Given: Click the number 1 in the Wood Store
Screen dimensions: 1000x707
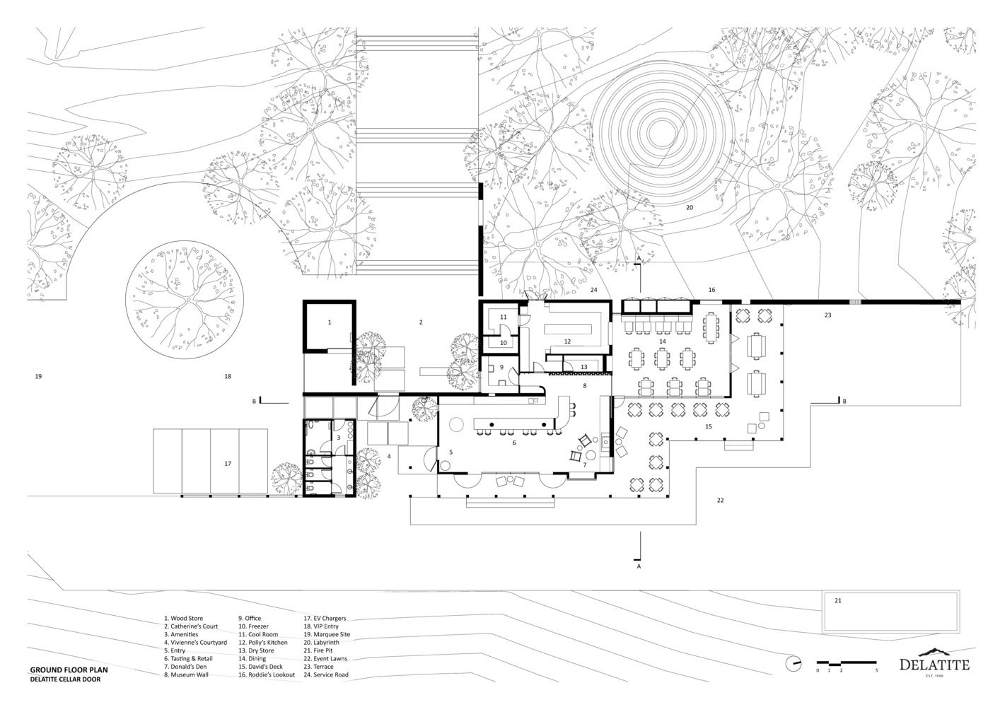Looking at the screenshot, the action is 330,322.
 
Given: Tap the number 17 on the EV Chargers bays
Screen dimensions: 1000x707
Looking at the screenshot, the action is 228,464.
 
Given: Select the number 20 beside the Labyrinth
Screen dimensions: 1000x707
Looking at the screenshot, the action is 690,208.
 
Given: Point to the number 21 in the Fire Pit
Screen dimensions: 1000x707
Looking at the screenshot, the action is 838,601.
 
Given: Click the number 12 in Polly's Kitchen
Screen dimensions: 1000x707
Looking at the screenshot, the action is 567,341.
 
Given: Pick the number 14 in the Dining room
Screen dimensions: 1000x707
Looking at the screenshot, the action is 663,341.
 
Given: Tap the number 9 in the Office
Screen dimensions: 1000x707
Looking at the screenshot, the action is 501,367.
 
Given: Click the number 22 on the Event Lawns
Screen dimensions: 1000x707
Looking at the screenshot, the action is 720,501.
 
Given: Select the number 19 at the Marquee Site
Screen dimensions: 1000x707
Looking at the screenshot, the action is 38,376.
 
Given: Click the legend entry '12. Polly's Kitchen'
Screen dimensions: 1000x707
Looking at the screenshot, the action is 263,642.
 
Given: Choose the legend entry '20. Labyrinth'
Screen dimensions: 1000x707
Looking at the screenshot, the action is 321,642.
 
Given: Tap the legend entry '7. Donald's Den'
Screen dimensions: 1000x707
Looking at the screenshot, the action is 185,667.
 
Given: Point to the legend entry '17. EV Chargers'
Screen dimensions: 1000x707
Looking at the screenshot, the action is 325,618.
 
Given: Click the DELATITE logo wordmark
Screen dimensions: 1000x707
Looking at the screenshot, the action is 934,665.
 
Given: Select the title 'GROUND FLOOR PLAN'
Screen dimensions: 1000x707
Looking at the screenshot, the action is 69,670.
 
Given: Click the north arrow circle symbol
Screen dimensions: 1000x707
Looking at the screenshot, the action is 793,663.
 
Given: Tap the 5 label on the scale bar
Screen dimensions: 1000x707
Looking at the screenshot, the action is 876,670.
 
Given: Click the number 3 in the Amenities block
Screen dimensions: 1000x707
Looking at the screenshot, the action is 338,438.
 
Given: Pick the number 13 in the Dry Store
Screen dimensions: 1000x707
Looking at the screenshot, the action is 584,367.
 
